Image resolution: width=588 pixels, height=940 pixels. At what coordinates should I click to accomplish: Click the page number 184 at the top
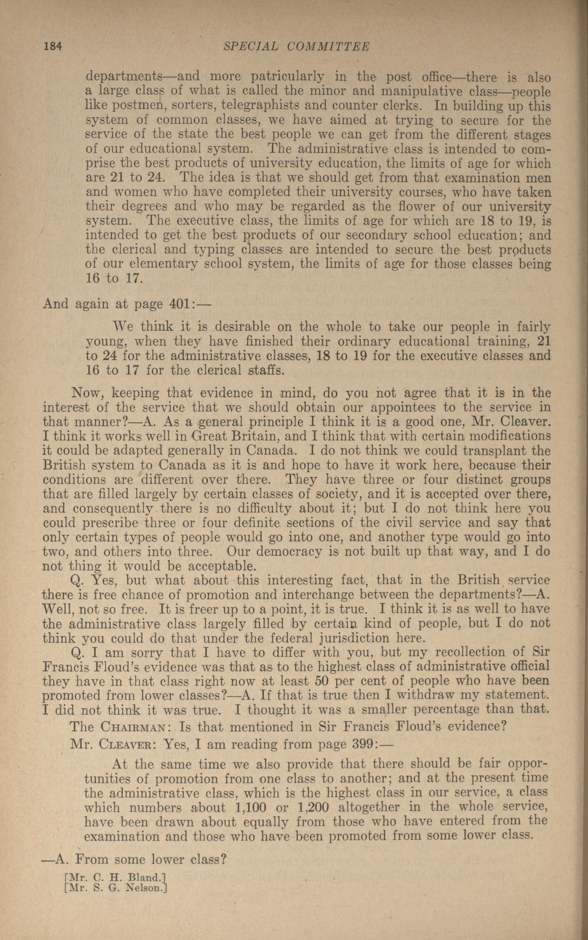(x=53, y=47)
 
